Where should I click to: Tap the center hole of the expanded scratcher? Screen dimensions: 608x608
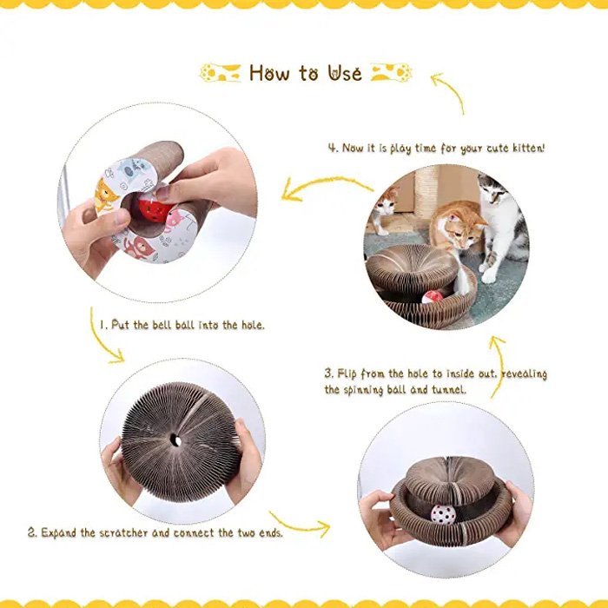point(175,440)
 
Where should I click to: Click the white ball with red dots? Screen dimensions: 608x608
point(443,515)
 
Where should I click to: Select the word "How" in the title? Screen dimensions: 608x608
point(269,73)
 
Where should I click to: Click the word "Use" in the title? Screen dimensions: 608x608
point(345,73)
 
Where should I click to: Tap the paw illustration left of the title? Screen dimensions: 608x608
point(220,72)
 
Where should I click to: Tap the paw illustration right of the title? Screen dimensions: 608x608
point(391,72)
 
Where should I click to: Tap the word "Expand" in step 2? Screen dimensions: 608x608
point(58,532)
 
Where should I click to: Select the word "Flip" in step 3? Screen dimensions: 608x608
point(347,373)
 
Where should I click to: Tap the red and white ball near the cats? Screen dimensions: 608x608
point(432,297)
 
